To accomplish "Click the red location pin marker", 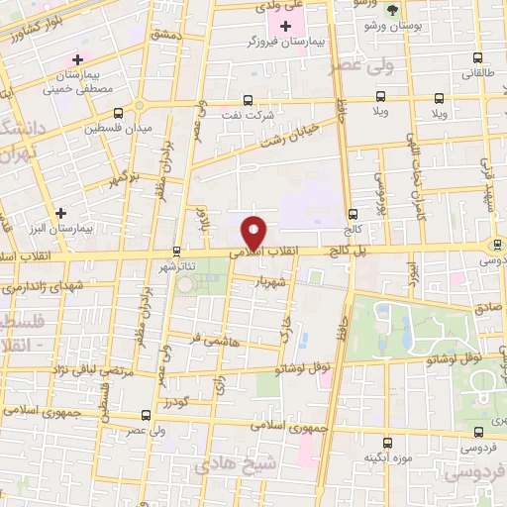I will click(254, 232).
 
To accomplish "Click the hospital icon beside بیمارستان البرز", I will click(61, 213).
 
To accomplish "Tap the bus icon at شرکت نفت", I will click(247, 99).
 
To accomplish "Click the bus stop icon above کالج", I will click(353, 215).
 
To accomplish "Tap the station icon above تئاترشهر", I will click(176, 251).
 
